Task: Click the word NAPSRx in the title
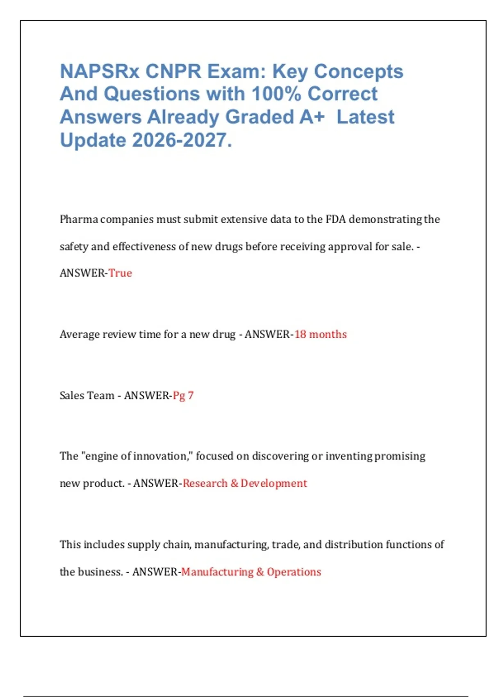[x=100, y=71]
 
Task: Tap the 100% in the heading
[x=276, y=94]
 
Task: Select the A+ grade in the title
[x=312, y=117]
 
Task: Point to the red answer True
[x=120, y=273]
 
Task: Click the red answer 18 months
[x=321, y=335]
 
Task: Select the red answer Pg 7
[x=183, y=396]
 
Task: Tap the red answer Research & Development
[x=245, y=483]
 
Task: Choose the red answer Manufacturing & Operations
[x=251, y=572]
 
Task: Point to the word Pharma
[x=79, y=219]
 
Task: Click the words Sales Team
[x=87, y=396]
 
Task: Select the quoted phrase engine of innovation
[x=136, y=456]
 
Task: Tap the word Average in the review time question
[x=80, y=335]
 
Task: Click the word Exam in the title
[x=233, y=71]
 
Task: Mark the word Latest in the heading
[x=365, y=117]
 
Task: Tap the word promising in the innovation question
[x=400, y=456]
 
